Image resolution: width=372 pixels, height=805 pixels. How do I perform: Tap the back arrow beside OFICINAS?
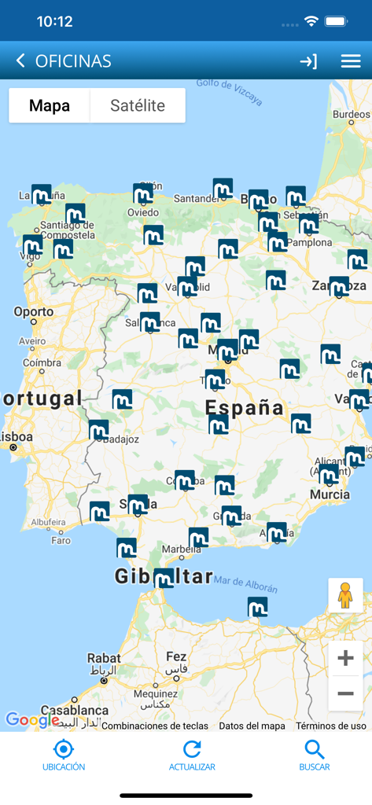20,61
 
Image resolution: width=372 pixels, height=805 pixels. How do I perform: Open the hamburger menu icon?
351,61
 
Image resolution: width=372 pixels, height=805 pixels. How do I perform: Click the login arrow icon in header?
308,61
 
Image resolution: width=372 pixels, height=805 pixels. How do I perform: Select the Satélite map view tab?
138,105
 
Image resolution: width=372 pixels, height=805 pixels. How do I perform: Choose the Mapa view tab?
50,105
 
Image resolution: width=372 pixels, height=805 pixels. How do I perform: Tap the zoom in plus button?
345,659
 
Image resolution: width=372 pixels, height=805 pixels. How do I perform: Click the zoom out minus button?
345,693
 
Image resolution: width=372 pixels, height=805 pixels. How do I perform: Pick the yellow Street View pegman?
345,595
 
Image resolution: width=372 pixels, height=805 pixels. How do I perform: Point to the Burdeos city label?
351,114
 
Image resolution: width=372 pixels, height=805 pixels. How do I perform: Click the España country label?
245,407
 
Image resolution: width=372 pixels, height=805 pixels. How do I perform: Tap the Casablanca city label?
74,710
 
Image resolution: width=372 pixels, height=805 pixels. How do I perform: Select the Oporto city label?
34,312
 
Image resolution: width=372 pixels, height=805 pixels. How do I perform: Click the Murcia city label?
330,494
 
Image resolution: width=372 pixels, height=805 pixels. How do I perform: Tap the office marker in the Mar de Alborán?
257,607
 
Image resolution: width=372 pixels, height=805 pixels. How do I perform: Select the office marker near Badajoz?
98,430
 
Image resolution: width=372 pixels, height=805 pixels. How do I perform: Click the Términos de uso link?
331,726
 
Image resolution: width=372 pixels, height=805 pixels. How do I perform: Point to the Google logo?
32,719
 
